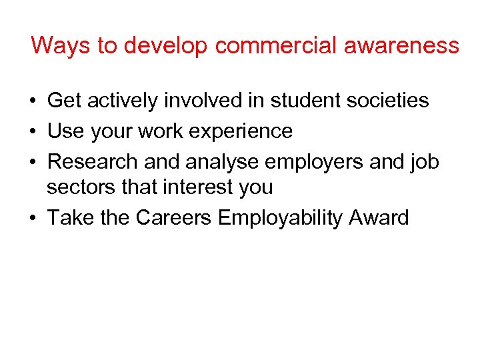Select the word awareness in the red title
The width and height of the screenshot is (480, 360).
(x=413, y=45)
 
